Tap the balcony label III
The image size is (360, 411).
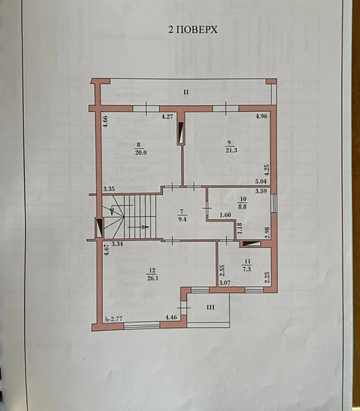coord(210,307)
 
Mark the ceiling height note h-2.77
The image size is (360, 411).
coord(113,319)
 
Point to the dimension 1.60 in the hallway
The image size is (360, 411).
coord(225,215)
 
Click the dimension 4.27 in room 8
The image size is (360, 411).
coord(167,116)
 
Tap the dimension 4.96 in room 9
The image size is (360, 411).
coord(261,116)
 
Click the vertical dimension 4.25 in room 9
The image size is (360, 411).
coord(267,168)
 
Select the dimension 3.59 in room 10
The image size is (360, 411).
coord(261,191)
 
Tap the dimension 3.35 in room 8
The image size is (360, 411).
coord(110,190)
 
